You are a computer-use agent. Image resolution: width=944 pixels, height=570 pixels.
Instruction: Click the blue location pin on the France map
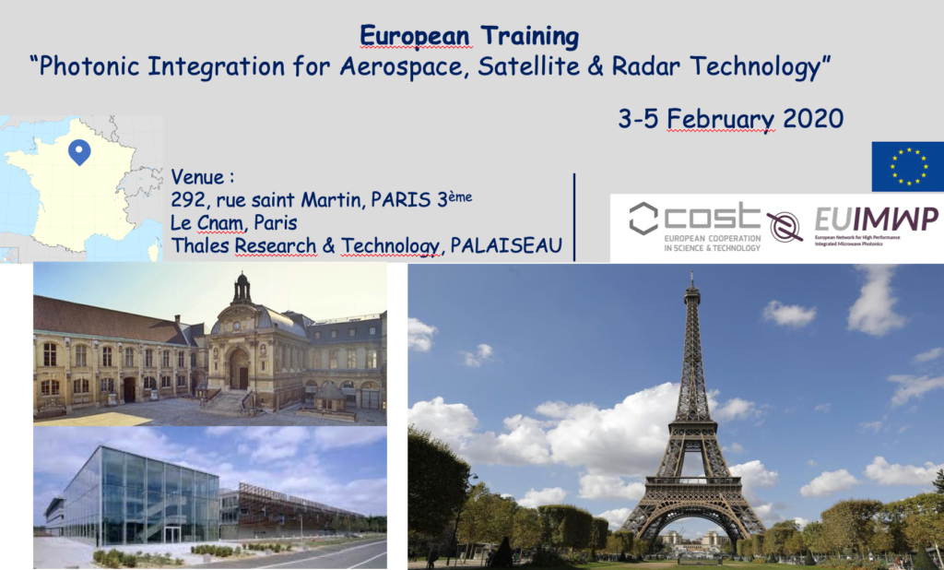tap(79, 151)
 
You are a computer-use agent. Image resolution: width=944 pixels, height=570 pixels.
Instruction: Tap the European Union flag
tap(907, 166)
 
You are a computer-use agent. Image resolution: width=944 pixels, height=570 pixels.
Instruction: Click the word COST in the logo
tap(713, 217)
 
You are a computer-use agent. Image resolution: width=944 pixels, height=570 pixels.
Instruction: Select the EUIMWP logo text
tap(877, 220)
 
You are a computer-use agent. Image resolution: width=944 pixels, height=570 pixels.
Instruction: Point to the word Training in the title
tap(529, 36)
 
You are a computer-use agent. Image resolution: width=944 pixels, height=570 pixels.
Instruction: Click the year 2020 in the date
tap(813, 118)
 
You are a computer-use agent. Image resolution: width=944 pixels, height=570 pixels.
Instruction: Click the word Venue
tap(197, 177)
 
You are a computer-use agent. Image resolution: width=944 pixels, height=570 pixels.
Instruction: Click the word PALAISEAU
tap(506, 245)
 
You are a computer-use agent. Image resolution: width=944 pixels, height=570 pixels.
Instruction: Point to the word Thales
tap(200, 245)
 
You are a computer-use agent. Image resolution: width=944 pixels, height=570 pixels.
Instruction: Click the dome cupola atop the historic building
tap(242, 288)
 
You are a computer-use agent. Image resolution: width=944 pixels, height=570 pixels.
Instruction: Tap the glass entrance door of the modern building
tap(172, 534)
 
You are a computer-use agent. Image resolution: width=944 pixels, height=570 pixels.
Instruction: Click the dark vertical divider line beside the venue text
tap(574, 217)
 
